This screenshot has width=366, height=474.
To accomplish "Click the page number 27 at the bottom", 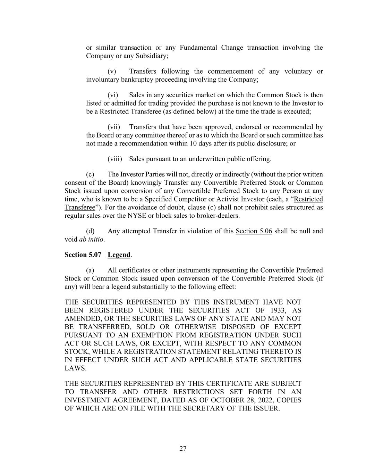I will point(183,449).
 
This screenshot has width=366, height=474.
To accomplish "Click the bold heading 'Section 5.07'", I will point(83,255).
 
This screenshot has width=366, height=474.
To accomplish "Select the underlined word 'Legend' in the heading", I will point(119,255).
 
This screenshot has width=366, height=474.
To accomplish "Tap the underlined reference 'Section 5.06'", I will point(254,231).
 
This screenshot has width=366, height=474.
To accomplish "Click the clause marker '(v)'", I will point(112,72).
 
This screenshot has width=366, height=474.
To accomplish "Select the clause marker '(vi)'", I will point(113,95).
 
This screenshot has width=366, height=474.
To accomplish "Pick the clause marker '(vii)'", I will point(113,127).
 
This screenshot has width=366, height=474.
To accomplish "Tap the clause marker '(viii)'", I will point(114,159).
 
